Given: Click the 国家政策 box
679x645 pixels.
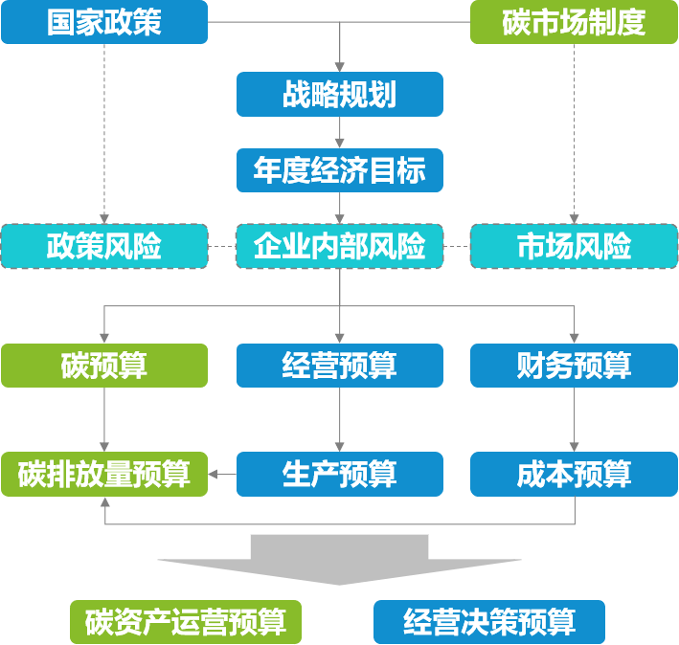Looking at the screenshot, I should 103,22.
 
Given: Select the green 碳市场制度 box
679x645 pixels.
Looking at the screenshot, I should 574,22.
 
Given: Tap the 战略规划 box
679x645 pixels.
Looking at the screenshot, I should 339,95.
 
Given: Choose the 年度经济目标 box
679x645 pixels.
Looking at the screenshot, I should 339,170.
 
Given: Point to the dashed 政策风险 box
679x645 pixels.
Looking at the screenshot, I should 103,246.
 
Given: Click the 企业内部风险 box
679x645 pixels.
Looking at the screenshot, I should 339,246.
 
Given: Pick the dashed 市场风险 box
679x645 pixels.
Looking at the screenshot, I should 574,246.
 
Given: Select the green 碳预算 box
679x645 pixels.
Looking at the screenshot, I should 103,365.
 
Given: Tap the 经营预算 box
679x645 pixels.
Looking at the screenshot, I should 339,365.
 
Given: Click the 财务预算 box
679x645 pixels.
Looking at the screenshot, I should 574,365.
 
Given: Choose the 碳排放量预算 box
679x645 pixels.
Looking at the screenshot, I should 103,474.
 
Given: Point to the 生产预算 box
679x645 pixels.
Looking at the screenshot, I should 339,474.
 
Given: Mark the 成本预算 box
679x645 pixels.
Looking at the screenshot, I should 574,474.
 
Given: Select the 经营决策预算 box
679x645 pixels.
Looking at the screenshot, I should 488,622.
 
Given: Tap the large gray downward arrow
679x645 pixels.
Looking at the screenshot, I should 339,560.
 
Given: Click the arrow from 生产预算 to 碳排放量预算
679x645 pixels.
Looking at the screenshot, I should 222,474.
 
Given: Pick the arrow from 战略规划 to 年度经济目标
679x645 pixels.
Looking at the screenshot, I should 339,133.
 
